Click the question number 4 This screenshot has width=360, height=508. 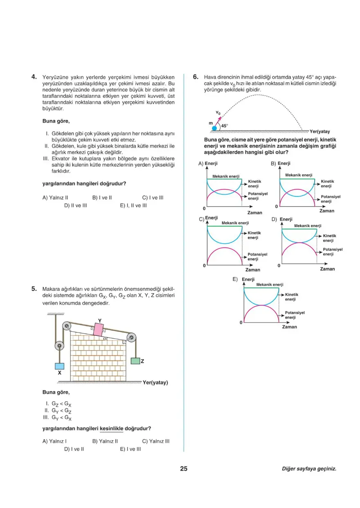[35, 76]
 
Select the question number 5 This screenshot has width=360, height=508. [35, 289]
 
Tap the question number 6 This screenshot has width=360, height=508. [196, 76]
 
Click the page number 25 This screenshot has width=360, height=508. [184, 469]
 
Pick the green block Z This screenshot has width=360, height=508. [135, 361]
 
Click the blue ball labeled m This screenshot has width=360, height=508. [214, 128]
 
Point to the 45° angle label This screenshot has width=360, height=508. [225, 126]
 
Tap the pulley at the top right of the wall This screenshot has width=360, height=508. [131, 338]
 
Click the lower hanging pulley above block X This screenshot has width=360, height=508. [59, 347]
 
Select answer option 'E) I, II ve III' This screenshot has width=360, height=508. [133, 205]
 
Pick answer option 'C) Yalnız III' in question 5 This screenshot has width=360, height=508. [156, 441]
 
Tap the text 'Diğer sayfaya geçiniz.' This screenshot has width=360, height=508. [309, 469]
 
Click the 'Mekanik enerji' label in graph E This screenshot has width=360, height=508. [270, 284]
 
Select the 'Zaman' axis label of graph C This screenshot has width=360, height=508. [252, 270]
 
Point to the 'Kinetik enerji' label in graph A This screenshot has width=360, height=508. [254, 184]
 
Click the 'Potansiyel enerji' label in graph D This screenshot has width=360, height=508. [333, 252]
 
